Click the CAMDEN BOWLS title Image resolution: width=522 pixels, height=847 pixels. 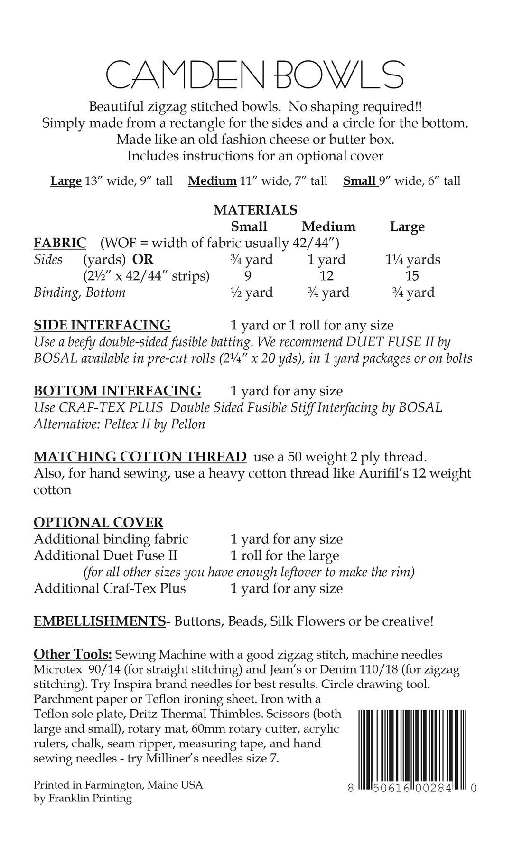tap(255, 74)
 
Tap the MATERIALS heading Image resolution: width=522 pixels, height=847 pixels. tap(255, 209)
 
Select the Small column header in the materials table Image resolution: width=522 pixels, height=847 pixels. tap(249, 226)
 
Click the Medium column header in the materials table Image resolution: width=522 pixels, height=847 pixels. tap(328, 226)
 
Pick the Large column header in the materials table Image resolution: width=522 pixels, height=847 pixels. tap(407, 227)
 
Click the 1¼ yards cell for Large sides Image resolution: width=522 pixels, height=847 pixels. tap(412, 260)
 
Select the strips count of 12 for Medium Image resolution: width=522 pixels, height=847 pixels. tap(326, 276)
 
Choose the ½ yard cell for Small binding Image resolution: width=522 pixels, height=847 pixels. tap(252, 292)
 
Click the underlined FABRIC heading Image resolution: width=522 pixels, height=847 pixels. tap(60, 243)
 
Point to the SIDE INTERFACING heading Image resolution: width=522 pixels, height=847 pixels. tap(102, 325)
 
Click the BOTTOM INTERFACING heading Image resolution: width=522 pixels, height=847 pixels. tap(117, 391)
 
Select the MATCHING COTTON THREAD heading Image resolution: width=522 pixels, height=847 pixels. tap(140, 457)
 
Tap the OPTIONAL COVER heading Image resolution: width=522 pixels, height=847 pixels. tap(98, 522)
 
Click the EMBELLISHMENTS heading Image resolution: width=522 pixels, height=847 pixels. tap(100, 621)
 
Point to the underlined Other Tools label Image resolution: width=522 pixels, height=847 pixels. tap(73, 654)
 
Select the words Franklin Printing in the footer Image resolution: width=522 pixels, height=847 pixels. tap(90, 799)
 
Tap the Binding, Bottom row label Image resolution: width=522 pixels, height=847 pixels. tap(79, 292)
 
